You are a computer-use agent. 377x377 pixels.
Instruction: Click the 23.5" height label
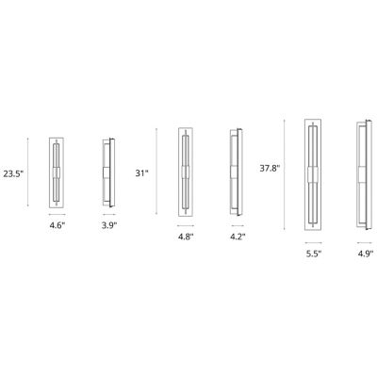(14, 173)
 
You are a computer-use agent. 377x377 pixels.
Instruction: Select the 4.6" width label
(57, 226)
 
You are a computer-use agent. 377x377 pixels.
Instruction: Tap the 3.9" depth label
(109, 226)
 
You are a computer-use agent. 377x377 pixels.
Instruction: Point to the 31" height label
(142, 172)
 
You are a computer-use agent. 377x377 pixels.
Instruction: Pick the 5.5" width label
(315, 252)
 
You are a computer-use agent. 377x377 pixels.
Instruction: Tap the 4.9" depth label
(365, 252)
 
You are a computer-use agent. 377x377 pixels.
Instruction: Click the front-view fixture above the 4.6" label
(57, 173)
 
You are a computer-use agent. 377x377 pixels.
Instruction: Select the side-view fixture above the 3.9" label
(108, 173)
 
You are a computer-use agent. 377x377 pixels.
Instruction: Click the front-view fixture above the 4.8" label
(186, 173)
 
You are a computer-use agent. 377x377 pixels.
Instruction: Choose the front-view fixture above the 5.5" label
(315, 173)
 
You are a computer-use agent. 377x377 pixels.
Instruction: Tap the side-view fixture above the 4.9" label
(363, 173)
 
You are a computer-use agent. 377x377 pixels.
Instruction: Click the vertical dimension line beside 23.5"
(29, 173)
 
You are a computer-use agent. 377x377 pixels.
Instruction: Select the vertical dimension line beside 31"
(156, 173)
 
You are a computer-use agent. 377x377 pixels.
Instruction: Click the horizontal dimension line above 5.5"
(315, 240)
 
